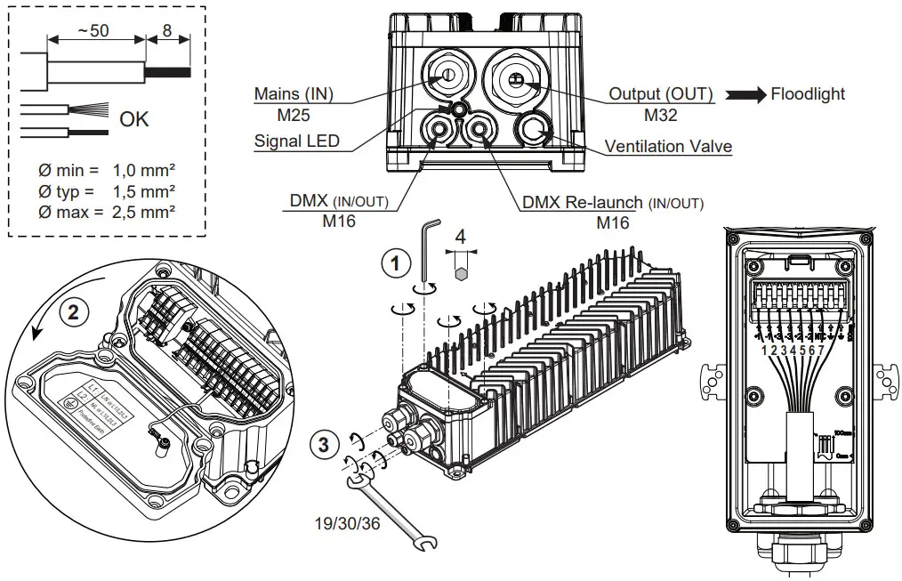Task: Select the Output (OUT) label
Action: (660, 93)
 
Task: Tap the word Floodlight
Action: (808, 93)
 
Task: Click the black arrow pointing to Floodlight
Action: (745, 95)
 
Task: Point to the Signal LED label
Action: (296, 141)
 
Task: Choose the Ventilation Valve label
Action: (668, 146)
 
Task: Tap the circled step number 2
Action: (74, 311)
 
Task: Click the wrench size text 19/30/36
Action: (345, 523)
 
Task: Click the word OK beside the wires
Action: (134, 119)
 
